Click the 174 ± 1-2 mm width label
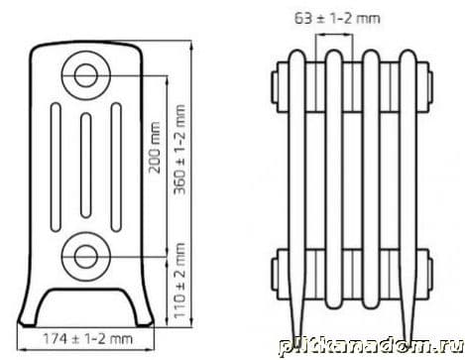[88, 338]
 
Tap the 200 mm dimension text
[155, 148]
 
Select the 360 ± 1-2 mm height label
[179, 150]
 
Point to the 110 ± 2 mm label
[179, 281]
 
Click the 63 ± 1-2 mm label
[337, 18]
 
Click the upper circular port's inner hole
[85, 75]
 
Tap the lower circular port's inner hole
[85, 257]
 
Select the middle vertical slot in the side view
[86, 166]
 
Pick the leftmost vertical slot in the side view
[56, 167]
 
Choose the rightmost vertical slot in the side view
[116, 167]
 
